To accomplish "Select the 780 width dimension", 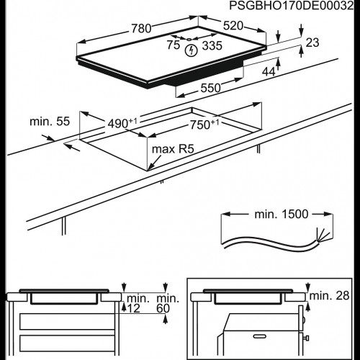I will point(140,29).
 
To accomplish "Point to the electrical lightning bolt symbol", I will point(191,50).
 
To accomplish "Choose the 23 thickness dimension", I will point(311,44).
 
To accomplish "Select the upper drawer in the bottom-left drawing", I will point(65,320).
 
